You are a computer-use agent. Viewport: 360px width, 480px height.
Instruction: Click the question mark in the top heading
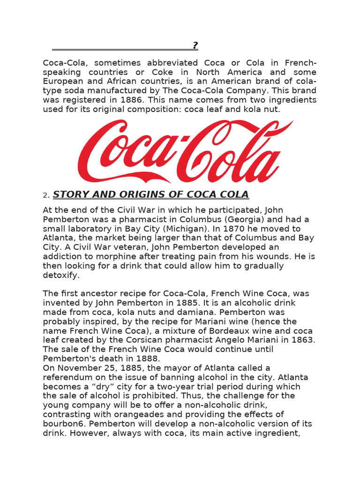coord(195,45)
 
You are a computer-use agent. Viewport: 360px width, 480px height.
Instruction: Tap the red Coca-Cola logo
coord(185,151)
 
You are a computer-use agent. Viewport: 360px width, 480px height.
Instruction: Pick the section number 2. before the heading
coord(46,195)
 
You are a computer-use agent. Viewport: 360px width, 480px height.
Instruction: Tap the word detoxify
coord(60,275)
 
